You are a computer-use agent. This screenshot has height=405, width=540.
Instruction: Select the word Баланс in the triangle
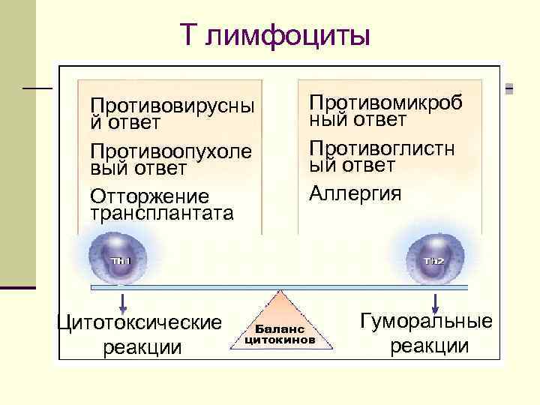280,328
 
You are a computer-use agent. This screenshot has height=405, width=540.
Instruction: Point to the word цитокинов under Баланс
280,339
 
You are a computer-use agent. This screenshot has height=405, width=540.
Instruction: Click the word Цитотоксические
140,322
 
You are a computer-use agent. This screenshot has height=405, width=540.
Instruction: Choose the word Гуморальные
427,321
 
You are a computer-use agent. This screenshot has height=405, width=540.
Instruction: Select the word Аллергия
355,193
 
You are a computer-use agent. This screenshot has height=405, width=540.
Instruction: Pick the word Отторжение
150,196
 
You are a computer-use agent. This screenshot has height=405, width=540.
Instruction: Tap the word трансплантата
161,213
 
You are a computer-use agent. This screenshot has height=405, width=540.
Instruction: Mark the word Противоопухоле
171,151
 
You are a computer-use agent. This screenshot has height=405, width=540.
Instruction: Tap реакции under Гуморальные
429,346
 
